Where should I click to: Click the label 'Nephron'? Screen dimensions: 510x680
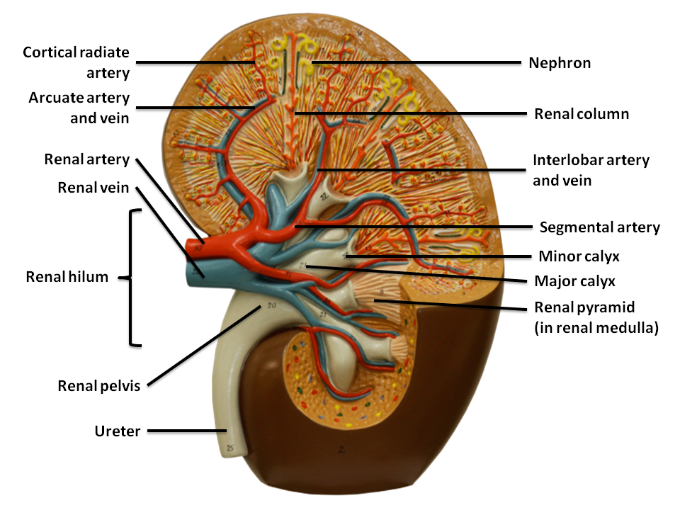point(560,63)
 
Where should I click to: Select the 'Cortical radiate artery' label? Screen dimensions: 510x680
point(76,62)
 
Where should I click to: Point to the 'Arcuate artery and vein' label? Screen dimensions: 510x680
point(79,108)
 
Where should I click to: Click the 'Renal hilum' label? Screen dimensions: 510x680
point(67,277)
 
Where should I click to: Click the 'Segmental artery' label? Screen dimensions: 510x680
point(599,227)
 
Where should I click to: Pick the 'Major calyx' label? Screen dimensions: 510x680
point(574,281)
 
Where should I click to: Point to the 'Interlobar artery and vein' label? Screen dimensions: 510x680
point(591,170)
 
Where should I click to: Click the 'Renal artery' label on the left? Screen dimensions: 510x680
point(87,159)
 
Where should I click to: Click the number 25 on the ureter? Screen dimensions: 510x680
point(229,448)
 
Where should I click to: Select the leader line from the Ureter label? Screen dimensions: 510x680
point(185,430)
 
